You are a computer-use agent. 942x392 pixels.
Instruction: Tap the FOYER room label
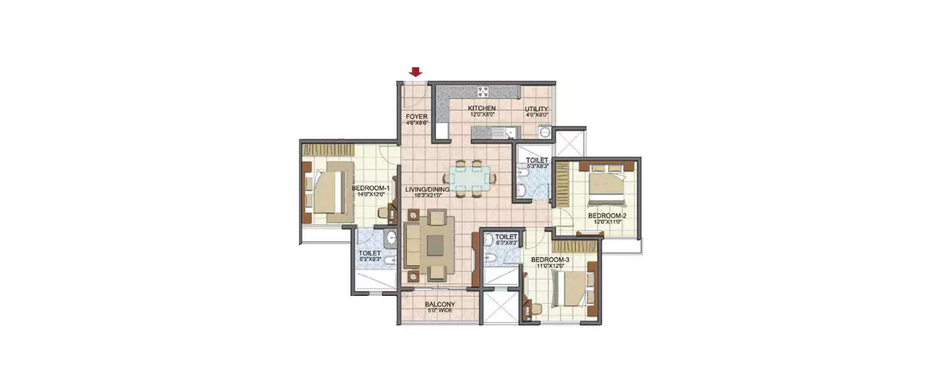(416, 117)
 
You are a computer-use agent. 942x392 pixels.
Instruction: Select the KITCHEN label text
(482, 109)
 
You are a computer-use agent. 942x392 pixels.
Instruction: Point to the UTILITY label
(536, 109)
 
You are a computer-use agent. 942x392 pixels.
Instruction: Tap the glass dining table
(469, 179)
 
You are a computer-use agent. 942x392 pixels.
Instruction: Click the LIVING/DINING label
(427, 189)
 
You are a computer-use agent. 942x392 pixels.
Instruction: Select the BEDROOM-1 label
(371, 188)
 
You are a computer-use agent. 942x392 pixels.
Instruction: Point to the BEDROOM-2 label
(607, 216)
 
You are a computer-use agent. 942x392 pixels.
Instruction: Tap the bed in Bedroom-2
(605, 186)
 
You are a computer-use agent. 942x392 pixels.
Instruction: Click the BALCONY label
(439, 305)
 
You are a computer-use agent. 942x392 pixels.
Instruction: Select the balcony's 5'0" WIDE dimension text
(439, 311)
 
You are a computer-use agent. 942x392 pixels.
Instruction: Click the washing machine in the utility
(544, 132)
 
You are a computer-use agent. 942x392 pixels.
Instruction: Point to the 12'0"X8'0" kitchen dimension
(482, 115)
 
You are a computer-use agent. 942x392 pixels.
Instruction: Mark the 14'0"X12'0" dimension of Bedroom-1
(371, 194)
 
